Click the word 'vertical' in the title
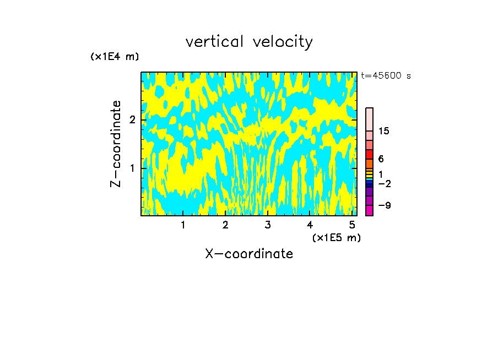coord(216,42)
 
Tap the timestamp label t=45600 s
coord(386,76)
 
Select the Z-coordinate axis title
coord(116,144)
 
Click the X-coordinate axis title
coord(249,254)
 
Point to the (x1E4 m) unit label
coord(115,57)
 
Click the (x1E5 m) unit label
coord(336,237)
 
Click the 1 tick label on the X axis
coord(183,225)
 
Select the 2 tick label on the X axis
coord(225,225)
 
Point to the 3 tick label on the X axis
coord(267,225)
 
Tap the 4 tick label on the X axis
coord(310,225)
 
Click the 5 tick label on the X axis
coord(351,225)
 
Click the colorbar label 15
coord(384,131)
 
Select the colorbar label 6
coord(381,159)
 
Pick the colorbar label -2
coord(384,183)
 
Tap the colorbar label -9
coord(384,205)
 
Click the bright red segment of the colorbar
coord(369,154)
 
